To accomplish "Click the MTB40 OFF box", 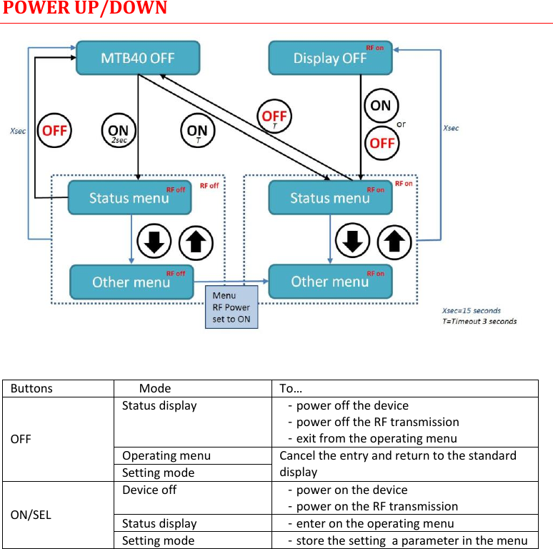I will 138,57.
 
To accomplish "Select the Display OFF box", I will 330,57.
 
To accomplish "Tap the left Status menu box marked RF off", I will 129,197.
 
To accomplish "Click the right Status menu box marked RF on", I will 330,197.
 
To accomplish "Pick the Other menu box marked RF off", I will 131,282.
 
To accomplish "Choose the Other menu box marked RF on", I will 330,281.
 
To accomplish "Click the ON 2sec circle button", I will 118,132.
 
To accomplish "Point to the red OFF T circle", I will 274,117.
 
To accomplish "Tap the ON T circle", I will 197,132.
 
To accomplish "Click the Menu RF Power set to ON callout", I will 231,307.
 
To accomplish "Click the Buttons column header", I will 31,388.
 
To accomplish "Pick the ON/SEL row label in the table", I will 31,514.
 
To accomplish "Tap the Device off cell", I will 149,490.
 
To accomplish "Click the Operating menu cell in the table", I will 166,455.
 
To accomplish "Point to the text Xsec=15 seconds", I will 472,311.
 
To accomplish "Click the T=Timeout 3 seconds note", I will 479,321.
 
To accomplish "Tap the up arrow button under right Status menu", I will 394,242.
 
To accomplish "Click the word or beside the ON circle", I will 401,124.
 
